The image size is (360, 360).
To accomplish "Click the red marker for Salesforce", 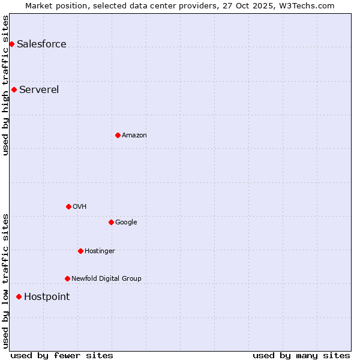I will coord(11,44).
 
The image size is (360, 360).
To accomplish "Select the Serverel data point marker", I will coord(14,89).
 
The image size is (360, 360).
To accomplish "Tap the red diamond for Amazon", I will coord(118,135).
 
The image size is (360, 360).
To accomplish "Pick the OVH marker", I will coord(68,206).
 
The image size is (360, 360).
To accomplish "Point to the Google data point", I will coord(111,222).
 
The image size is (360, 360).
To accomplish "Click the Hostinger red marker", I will coord(80,251).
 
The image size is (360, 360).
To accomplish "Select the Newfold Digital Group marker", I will coord(67,278).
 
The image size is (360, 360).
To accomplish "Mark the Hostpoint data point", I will coord(19,296).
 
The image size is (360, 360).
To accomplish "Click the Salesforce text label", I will coord(41,44).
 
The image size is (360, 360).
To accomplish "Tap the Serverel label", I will coord(39,90).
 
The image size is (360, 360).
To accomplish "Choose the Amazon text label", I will coord(134,136).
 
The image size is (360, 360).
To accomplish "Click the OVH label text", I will coord(80,207).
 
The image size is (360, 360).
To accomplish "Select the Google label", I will coord(126,223).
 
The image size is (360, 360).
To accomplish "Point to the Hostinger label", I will coord(100,251).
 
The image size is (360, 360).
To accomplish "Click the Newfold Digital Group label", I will coord(106,279).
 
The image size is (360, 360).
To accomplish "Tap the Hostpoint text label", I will coord(47,297).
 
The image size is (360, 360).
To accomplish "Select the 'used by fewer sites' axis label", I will coord(62,355).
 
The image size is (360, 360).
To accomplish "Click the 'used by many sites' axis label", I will coord(301,355).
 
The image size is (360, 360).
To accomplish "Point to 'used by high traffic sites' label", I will coord(5,85).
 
